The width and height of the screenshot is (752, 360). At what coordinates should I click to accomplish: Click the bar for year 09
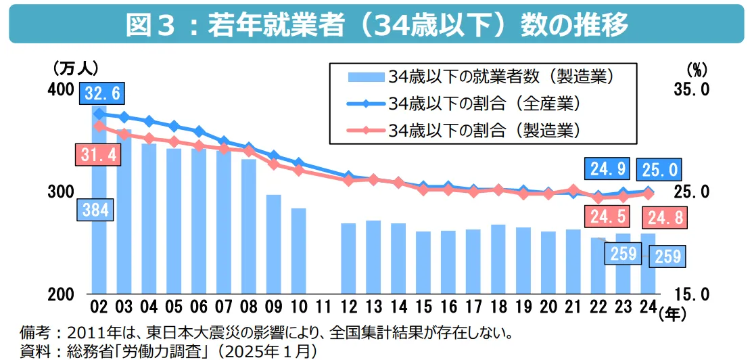[273, 244]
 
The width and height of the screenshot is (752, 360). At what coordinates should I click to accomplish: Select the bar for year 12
[348, 258]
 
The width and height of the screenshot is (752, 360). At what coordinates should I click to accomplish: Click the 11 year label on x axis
[323, 307]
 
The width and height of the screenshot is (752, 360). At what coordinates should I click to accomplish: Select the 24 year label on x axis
[648, 307]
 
